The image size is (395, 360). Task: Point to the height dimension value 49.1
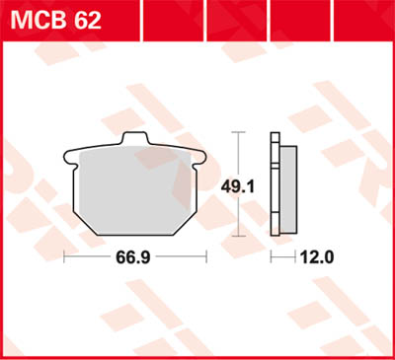pyautogui.click(x=239, y=183)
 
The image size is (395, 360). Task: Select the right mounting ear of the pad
pyautogui.click(x=201, y=155)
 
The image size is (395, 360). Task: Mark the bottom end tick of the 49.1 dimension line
pyautogui.click(x=239, y=237)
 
